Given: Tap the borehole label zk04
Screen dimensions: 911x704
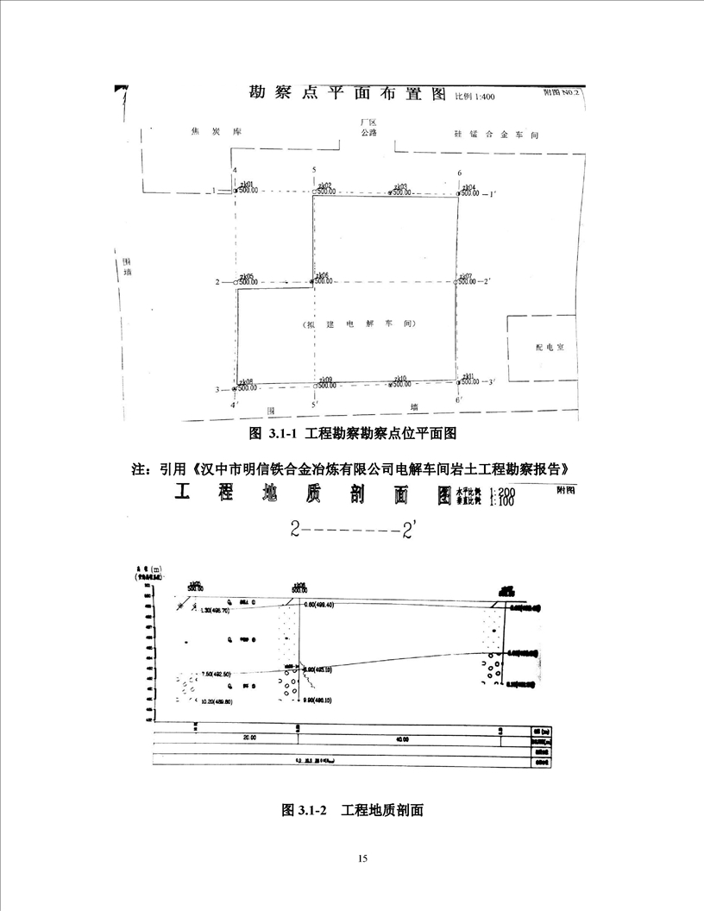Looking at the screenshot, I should (x=468, y=186).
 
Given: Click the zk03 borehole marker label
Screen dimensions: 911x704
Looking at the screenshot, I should (x=399, y=185).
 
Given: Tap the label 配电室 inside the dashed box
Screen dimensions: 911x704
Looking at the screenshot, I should (x=549, y=347).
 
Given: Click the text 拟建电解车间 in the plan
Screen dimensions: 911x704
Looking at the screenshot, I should (x=360, y=324).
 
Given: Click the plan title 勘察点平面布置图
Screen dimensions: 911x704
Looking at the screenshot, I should (x=348, y=93).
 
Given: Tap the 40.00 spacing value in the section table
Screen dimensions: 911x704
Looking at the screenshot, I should (x=402, y=738).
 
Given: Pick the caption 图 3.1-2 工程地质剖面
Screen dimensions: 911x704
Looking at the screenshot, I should (x=352, y=811).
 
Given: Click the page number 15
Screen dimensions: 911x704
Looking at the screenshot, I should (x=362, y=858).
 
